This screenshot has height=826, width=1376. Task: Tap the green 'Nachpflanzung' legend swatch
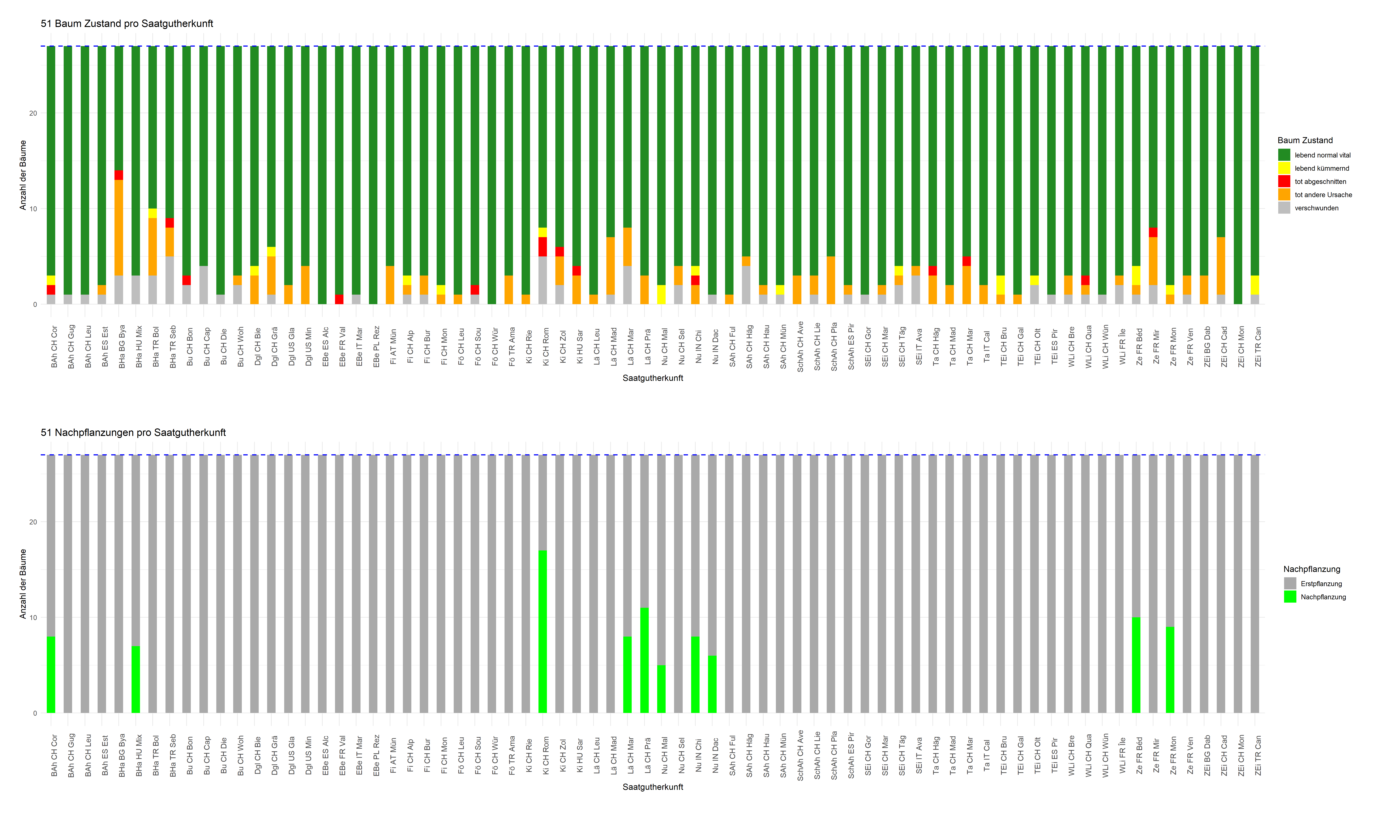[1290, 597]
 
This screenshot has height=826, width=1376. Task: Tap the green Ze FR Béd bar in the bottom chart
[1136, 665]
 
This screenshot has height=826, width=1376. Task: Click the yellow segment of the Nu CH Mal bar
[661, 294]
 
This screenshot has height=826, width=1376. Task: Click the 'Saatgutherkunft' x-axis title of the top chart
[652, 378]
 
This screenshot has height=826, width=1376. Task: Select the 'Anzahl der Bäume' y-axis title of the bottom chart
[23, 583]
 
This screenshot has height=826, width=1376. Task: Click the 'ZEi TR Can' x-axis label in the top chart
[1257, 347]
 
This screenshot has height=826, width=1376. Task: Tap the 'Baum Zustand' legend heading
[1305, 140]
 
